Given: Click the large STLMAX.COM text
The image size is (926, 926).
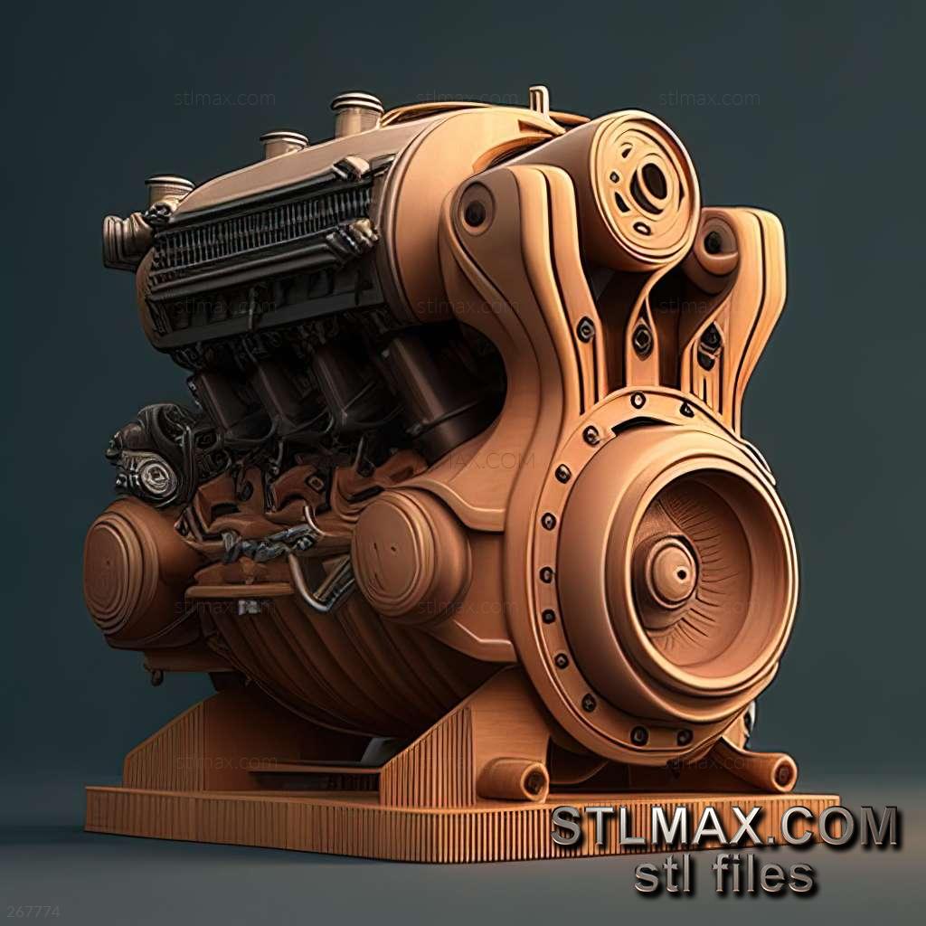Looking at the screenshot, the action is pos(725,827).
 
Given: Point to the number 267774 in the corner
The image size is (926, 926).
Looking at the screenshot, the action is pos(30,912).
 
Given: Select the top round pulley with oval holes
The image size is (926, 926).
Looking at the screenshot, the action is pos(644,189).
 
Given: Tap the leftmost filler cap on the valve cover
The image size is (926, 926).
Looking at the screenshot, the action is pos(169,189).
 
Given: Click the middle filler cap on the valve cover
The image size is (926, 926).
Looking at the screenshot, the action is pos(283,144).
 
